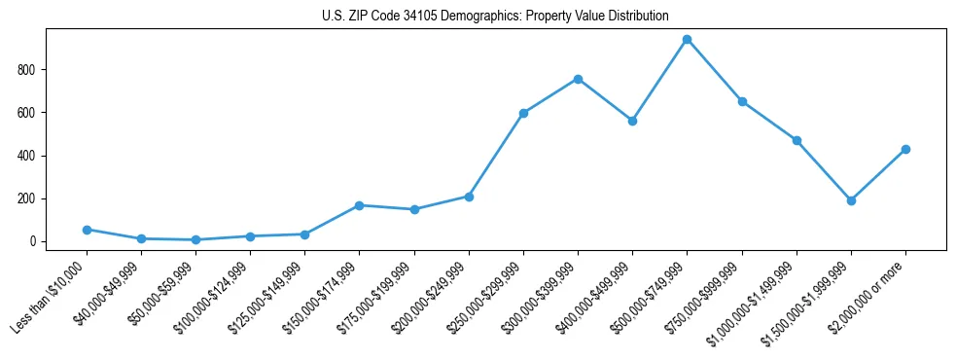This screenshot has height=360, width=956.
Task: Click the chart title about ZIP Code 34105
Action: coord(495,16)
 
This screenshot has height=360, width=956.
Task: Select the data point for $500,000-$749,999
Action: coord(688,40)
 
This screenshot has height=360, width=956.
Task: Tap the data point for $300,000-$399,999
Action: coord(578,79)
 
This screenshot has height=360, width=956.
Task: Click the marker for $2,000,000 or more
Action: coord(905,149)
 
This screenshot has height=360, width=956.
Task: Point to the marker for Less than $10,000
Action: coord(87,230)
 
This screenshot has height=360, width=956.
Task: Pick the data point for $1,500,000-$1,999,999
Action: coord(851,200)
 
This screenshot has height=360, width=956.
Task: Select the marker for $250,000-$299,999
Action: coord(523,113)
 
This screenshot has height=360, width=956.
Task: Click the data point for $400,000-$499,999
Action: coord(632,121)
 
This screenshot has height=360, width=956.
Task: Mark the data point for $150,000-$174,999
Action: coord(360,205)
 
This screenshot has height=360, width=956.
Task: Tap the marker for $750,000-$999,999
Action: coord(742,101)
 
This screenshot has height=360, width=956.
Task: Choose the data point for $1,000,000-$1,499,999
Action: coord(797,140)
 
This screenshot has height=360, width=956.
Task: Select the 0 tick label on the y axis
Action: coord(34,241)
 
